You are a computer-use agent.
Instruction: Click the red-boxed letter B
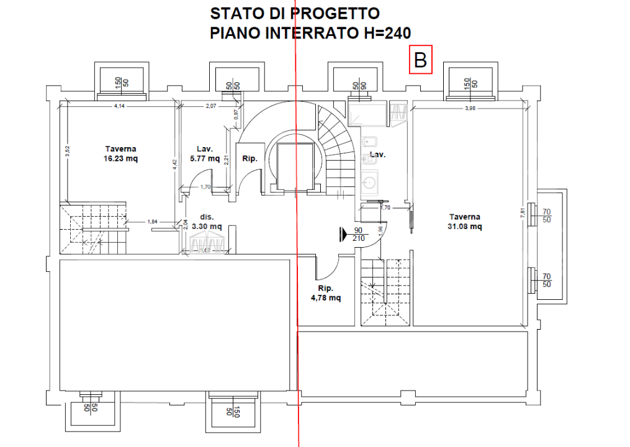pos(420,60)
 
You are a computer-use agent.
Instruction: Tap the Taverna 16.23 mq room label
pos(121,153)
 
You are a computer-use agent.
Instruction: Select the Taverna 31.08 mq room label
pos(466,222)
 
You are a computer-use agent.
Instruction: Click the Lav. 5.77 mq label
pos(205,153)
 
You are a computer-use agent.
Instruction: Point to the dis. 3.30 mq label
pos(207,222)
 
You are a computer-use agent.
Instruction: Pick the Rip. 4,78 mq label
pos(326,293)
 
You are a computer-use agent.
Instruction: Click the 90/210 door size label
pos(358,234)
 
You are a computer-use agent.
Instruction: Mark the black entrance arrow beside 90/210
pos(343,234)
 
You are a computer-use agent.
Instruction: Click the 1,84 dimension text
pos(151,221)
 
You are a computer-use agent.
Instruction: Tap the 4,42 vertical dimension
pos(176,164)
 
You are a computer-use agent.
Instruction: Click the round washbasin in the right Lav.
pos(371,183)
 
